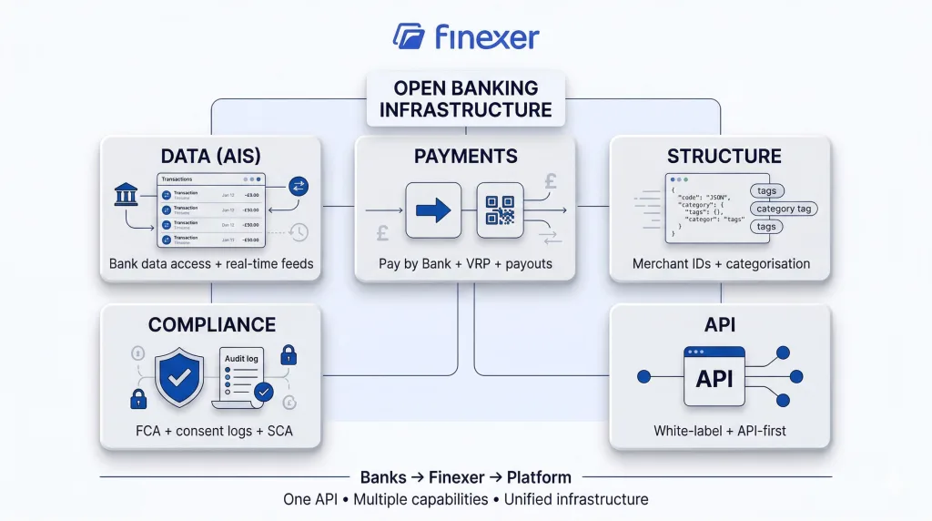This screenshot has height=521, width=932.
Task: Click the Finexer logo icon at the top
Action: tap(409, 36)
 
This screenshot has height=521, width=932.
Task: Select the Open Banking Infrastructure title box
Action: tap(465, 99)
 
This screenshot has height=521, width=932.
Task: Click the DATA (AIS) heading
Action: tap(210, 156)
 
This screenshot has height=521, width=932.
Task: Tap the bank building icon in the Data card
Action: tap(126, 195)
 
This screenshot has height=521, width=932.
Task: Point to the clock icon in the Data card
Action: tap(299, 232)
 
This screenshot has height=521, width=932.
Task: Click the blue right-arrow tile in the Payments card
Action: tap(433, 210)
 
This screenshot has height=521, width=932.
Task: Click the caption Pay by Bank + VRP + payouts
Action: tap(465, 264)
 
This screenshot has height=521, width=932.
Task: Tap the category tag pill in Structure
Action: tap(783, 209)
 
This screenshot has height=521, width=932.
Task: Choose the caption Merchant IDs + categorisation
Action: tap(721, 264)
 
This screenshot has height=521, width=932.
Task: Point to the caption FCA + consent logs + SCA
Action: tap(210, 430)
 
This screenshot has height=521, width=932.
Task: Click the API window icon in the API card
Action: tap(714, 376)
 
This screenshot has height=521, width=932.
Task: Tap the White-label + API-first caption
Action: tap(721, 430)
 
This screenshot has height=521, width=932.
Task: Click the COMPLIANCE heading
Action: tap(211, 324)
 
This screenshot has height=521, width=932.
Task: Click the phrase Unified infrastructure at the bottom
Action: tap(579, 499)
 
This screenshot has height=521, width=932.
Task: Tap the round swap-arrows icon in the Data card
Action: tap(299, 187)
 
